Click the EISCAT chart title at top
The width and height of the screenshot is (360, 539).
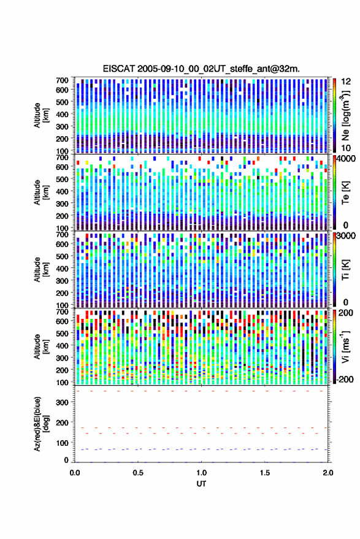point(201,69)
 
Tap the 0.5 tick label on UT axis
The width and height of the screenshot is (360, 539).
point(138,473)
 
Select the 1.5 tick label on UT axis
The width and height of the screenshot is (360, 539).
point(265,473)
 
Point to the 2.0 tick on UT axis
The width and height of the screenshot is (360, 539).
point(328,473)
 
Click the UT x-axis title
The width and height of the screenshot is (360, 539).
point(201,484)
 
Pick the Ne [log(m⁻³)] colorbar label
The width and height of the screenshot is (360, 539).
point(345,115)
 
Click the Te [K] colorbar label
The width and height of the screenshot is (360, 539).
point(345,193)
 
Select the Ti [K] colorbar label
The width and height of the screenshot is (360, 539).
point(345,270)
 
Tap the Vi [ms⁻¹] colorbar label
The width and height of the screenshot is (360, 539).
point(345,346)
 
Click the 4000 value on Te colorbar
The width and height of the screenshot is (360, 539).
point(345,159)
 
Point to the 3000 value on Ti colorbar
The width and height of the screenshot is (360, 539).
point(345,236)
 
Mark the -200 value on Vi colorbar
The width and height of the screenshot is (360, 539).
point(345,379)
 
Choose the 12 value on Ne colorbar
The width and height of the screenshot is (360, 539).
point(346,82)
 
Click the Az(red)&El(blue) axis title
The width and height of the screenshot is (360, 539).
point(41,424)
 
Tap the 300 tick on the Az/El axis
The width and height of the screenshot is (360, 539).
point(62,402)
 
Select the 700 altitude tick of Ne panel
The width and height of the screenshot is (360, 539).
point(62,80)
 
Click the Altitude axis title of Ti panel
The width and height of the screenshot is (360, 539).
point(41,270)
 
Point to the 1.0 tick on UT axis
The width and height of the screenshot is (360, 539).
point(202,473)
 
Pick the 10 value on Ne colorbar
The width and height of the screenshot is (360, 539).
point(346,148)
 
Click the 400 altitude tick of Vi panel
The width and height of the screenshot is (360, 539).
point(62,345)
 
